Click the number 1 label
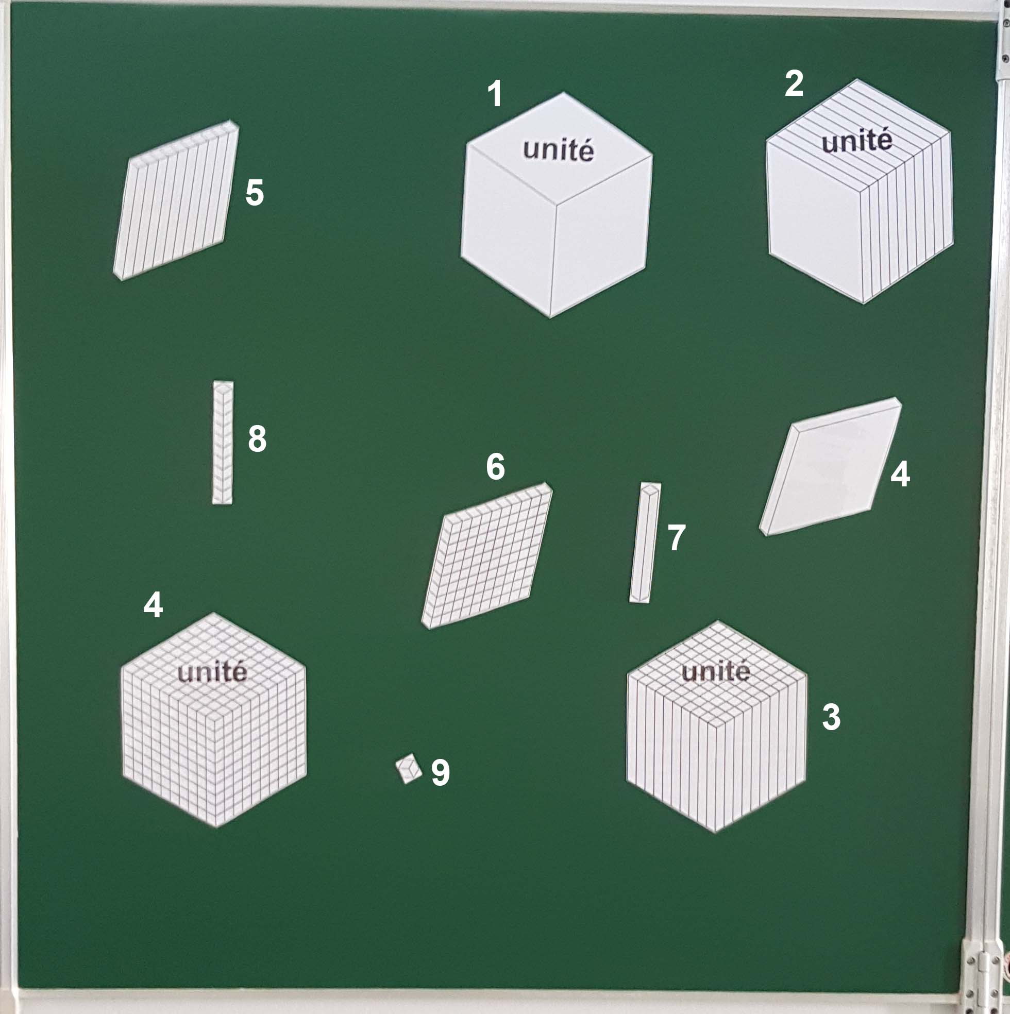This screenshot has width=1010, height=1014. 495,94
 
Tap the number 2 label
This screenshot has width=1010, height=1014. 794,83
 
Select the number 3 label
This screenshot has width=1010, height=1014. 831,717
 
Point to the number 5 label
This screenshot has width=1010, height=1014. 255,193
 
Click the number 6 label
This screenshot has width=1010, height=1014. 496,466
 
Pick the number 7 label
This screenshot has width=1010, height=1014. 677,537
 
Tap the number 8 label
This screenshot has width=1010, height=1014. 257,439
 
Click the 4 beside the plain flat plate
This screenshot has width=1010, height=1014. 900,474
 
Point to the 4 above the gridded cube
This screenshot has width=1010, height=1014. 153,604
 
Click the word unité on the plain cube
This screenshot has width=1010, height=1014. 559,150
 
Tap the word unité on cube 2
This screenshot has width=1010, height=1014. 857,141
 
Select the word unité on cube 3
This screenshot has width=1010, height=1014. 716,671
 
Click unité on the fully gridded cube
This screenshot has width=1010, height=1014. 212,672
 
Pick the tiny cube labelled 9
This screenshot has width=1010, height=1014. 409,769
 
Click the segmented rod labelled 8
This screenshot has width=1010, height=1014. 223,443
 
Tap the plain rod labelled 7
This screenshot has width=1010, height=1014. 645,542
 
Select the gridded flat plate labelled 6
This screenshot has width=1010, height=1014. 486,555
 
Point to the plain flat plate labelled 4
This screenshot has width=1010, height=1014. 831,467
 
